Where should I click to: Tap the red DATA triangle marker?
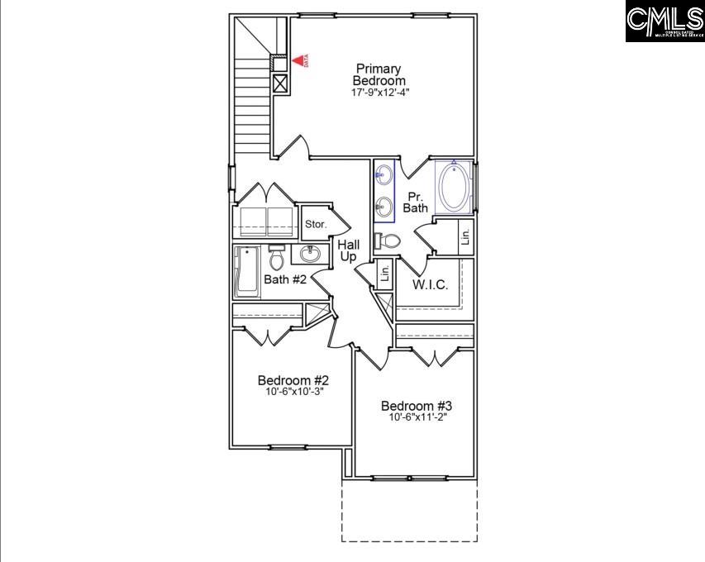pyautogui.click(x=298, y=60)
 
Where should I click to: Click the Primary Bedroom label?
pyautogui.click(x=379, y=74)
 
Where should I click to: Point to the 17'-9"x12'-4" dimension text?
pyautogui.click(x=379, y=93)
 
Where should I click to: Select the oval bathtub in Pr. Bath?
pyautogui.click(x=453, y=188)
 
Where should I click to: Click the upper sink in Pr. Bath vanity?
pyautogui.click(x=384, y=174)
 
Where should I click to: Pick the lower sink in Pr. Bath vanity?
pyautogui.click(x=384, y=206)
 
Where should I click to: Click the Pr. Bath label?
pyautogui.click(x=415, y=202)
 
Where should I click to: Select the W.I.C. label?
pyautogui.click(x=430, y=285)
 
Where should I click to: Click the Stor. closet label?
pyautogui.click(x=316, y=224)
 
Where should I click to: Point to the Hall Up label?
pyautogui.click(x=349, y=250)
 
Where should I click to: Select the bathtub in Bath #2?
pyautogui.click(x=246, y=271)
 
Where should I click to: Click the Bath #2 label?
pyautogui.click(x=285, y=279)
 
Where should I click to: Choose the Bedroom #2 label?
pyautogui.click(x=293, y=380)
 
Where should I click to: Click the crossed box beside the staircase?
pyautogui.click(x=280, y=83)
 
